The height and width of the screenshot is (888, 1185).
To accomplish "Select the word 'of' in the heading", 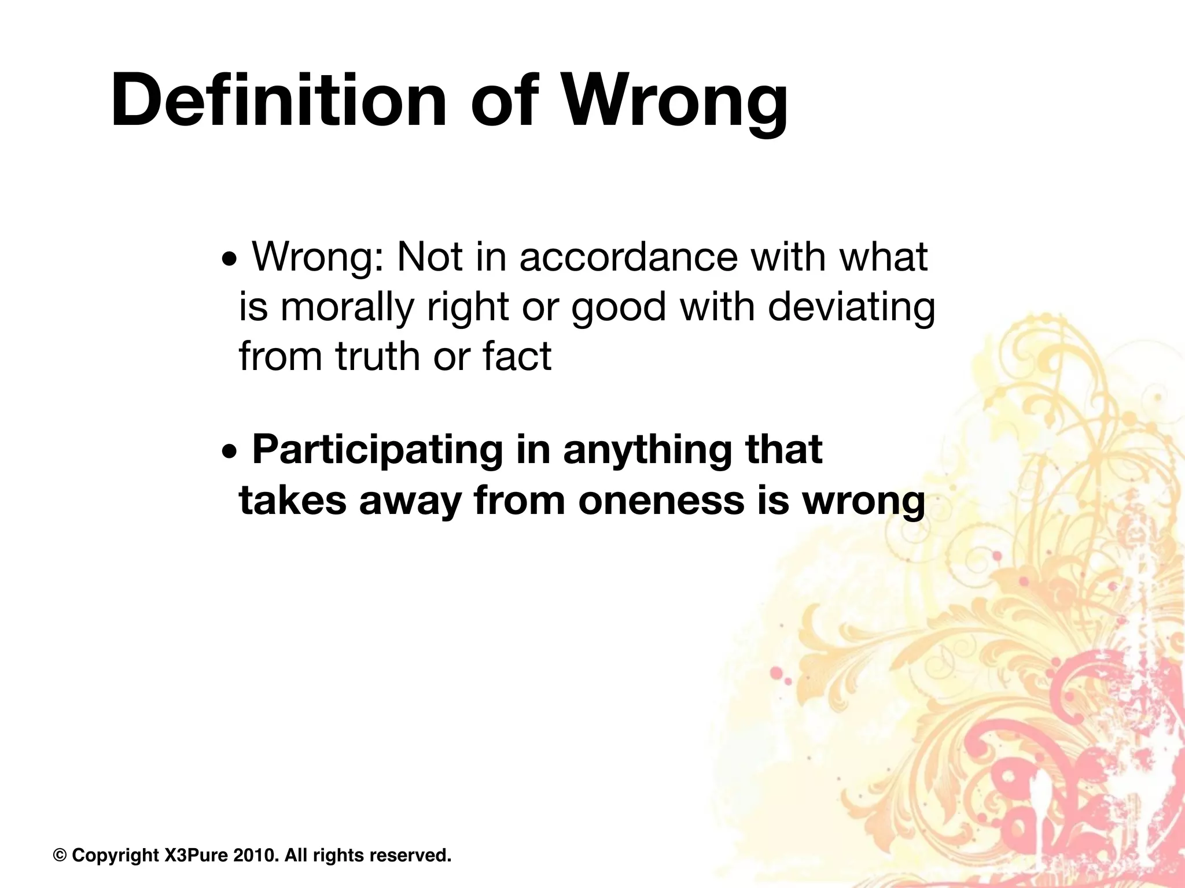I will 502,99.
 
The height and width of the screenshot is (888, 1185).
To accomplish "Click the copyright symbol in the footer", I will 60,855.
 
